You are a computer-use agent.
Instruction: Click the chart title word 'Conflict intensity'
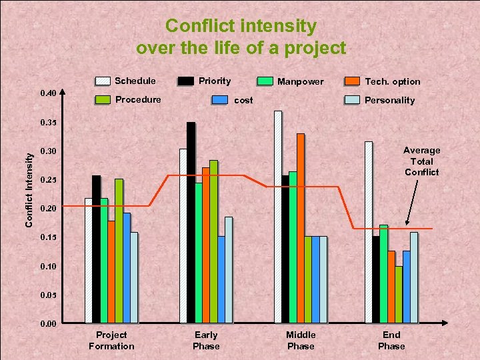241,26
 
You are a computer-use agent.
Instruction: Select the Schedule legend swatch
103,81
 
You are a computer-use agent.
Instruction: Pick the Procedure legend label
137,99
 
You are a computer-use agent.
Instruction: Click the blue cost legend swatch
220,100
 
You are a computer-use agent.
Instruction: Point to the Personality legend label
389,100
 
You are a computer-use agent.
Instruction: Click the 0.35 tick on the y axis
48,123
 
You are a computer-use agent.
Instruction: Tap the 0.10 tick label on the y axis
48,267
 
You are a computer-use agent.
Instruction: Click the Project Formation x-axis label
111,340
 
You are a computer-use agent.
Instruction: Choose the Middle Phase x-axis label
301,340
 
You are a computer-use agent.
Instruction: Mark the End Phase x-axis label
391,340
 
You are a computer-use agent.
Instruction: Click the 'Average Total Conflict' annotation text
421,161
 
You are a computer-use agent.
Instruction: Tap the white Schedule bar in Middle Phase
278,217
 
